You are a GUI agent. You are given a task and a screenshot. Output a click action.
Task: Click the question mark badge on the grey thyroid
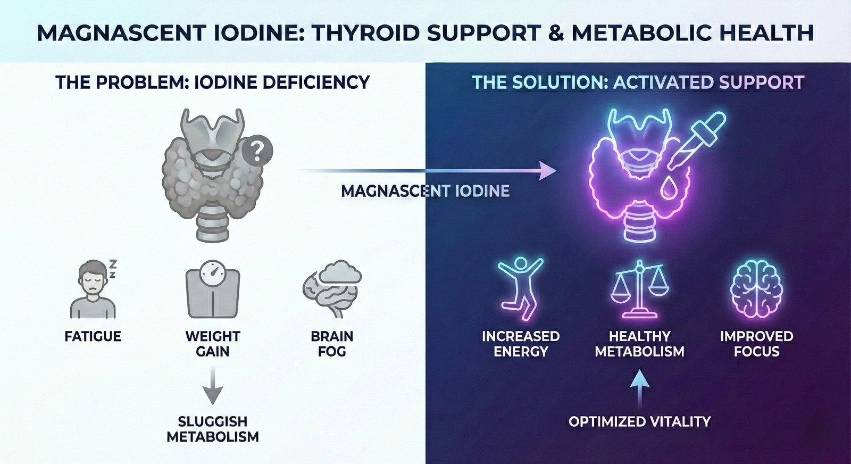(x=257, y=152)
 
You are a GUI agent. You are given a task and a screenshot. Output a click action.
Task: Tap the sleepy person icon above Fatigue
(x=94, y=289)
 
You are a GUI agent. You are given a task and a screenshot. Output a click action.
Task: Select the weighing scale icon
(x=212, y=289)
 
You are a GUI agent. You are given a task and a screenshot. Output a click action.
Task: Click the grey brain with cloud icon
(x=332, y=289)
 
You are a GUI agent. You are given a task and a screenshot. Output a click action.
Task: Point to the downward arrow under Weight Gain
(x=213, y=386)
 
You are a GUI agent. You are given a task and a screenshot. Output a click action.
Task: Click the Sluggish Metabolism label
(x=213, y=429)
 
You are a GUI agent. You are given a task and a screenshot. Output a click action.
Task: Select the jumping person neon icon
(x=521, y=289)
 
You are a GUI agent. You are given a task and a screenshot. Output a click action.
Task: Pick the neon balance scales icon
(x=640, y=289)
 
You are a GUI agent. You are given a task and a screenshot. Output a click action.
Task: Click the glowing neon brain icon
(x=756, y=289)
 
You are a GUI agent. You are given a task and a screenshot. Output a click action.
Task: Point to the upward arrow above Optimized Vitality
(x=640, y=389)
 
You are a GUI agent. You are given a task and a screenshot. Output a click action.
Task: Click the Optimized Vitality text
(x=640, y=421)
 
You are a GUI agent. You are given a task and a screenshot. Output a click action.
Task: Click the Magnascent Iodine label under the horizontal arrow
(x=425, y=191)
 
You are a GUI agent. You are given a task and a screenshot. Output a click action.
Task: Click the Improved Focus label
(x=756, y=344)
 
